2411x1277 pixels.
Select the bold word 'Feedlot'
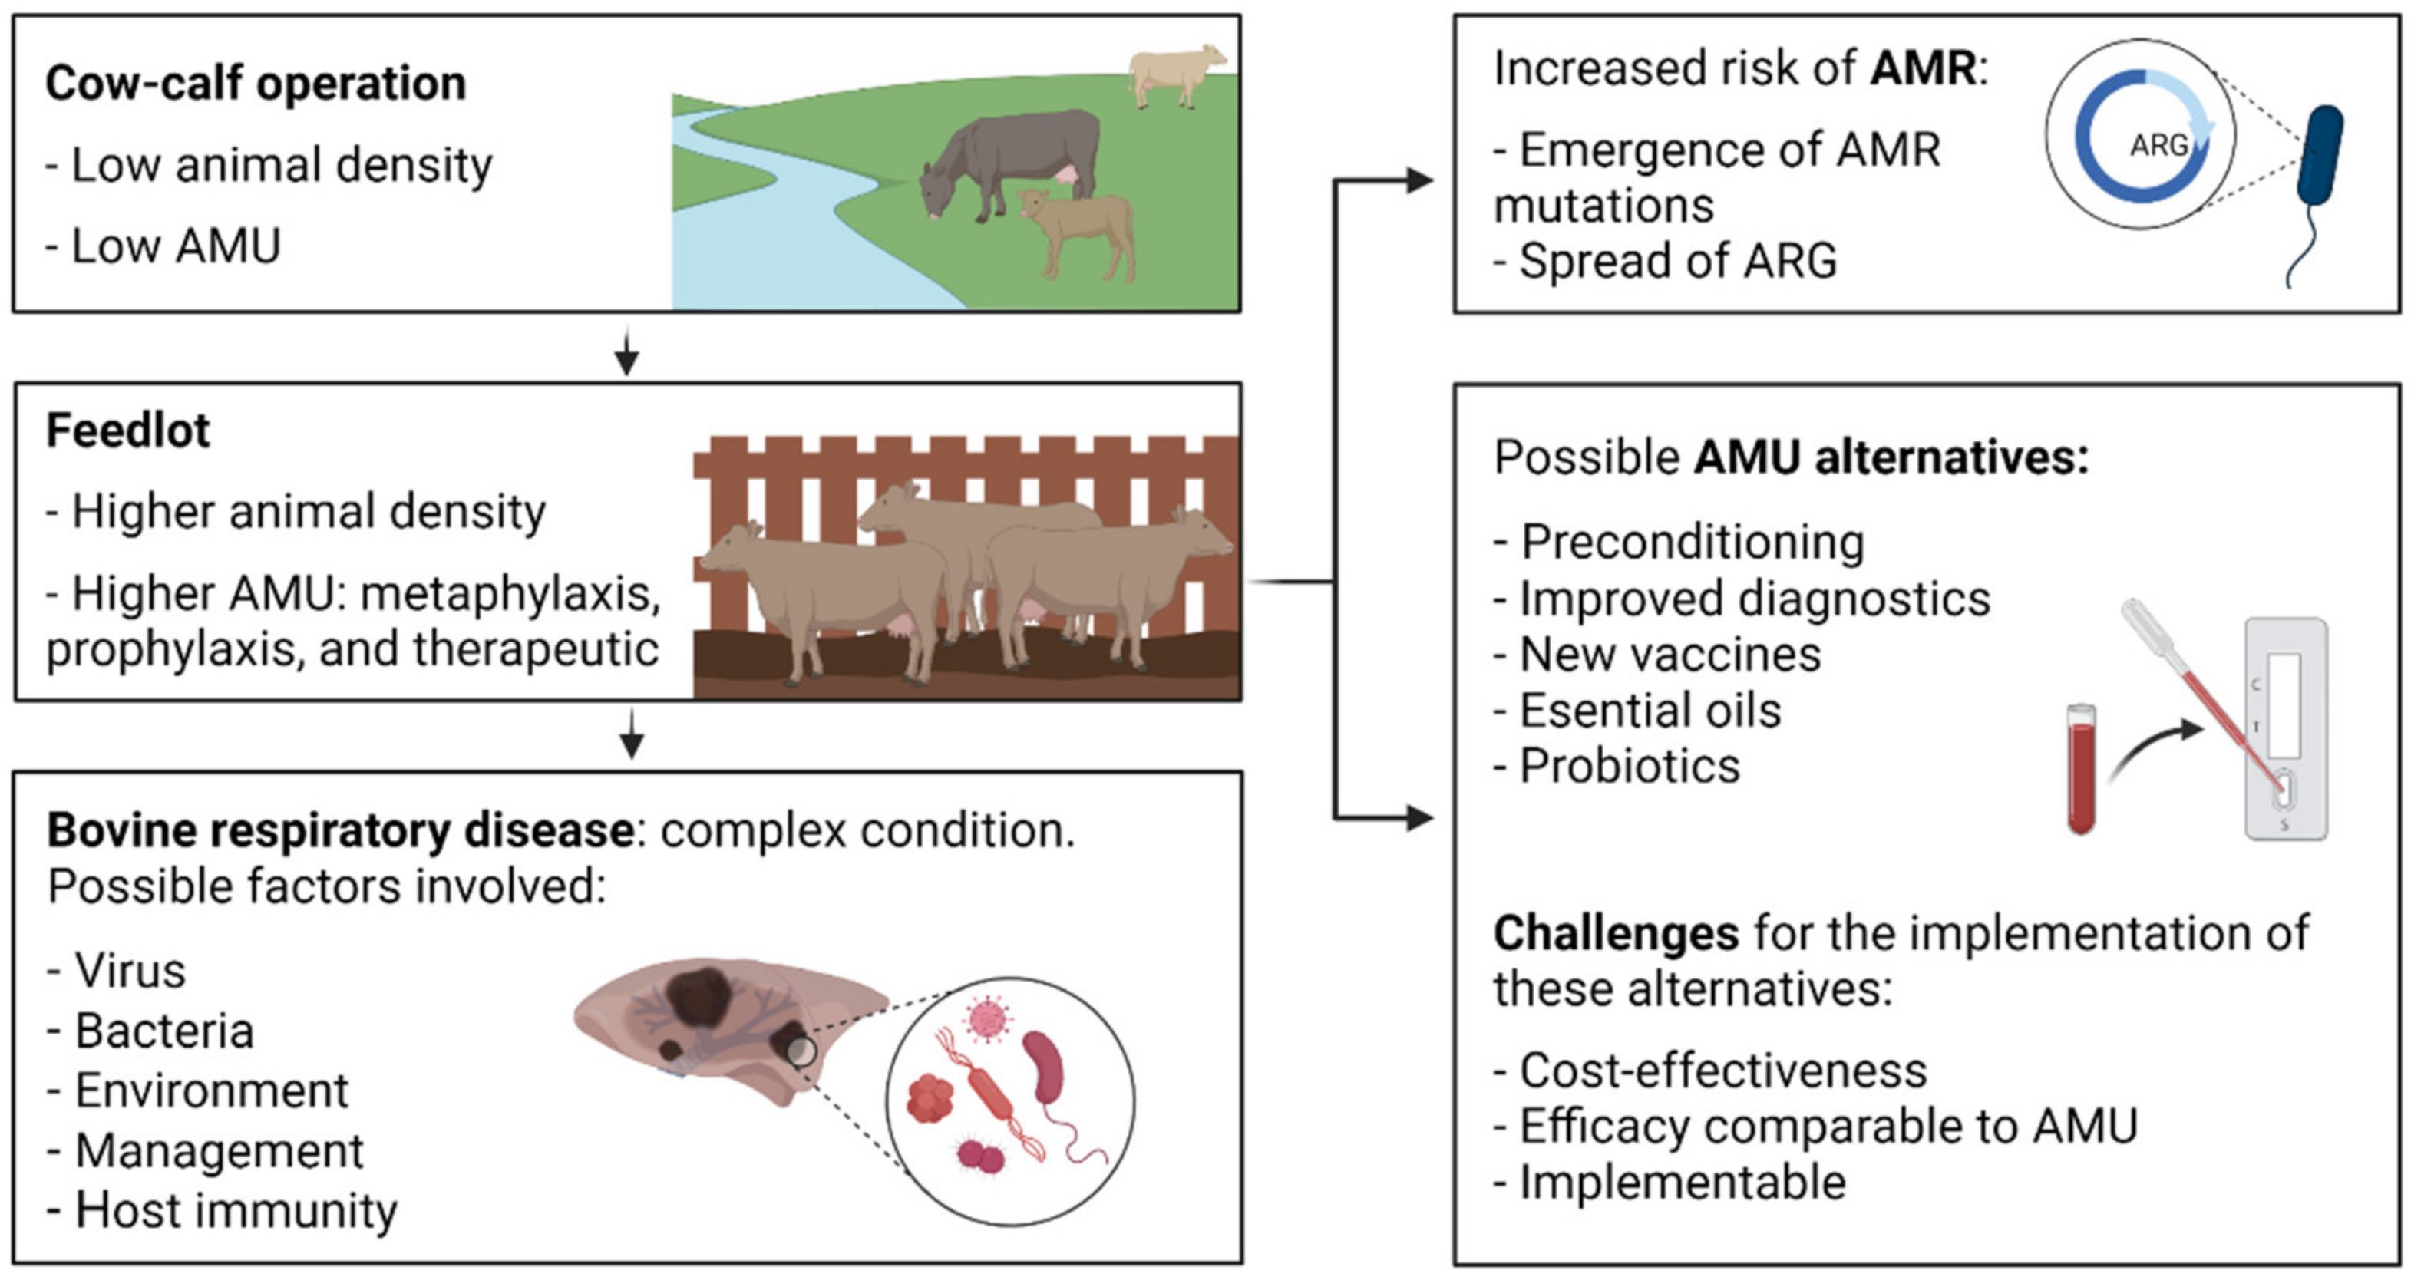(128, 431)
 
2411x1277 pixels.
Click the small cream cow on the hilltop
(1174, 72)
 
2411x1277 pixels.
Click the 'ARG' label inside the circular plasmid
(2158, 145)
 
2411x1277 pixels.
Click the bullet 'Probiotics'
(1629, 765)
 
